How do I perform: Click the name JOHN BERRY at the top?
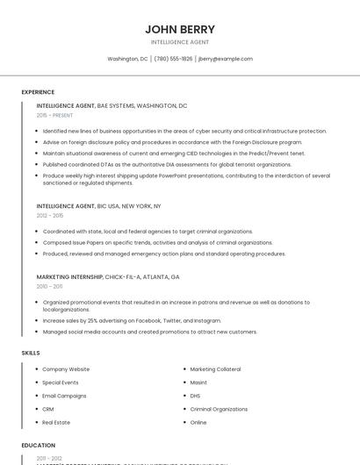(180, 29)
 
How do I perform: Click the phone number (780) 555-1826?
(173, 59)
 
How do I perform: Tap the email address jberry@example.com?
(226, 59)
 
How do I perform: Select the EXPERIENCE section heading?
(38, 91)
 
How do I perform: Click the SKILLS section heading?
(31, 353)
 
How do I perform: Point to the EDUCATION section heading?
(39, 445)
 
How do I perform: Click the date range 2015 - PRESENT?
(54, 115)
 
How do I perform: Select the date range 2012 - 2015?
(50, 215)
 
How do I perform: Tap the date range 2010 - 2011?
(49, 286)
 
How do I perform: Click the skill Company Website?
(66, 369)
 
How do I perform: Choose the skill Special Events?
(61, 383)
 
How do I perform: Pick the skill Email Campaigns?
(64, 396)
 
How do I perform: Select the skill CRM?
(48, 409)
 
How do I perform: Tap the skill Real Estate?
(56, 422)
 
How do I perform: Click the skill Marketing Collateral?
(216, 369)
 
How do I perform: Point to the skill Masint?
(198, 383)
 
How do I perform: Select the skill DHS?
(196, 396)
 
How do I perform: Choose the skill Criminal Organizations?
(219, 409)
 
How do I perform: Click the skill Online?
(198, 422)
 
